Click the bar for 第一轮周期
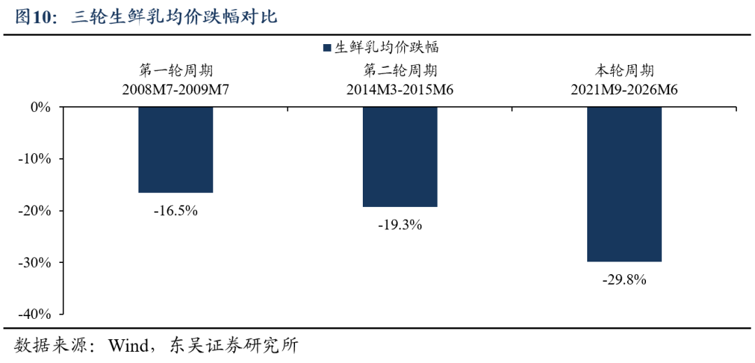coord(175,150)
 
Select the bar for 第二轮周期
coord(400,157)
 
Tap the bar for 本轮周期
coord(624,185)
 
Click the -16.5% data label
coord(175,211)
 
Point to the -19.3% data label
coord(400,225)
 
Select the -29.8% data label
coord(624,280)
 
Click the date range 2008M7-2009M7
coord(175,90)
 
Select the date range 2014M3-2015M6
coord(400,90)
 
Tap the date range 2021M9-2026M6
coord(624,90)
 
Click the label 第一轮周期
coord(175,72)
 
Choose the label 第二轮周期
coord(400,72)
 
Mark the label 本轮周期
coord(624,72)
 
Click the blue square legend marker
coord(327,48)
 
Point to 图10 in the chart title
coord(35,17)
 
